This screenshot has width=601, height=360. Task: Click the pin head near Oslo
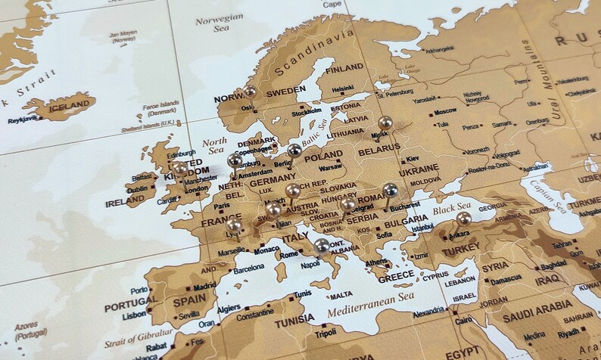250,92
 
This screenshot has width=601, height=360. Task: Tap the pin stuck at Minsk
385,123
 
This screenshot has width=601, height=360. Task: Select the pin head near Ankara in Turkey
463,219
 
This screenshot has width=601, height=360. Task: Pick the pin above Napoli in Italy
322,246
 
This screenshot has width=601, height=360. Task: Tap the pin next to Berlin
294,151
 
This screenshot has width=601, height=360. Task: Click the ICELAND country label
70,107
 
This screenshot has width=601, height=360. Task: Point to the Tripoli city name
325,334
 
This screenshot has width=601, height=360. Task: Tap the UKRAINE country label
418,169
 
